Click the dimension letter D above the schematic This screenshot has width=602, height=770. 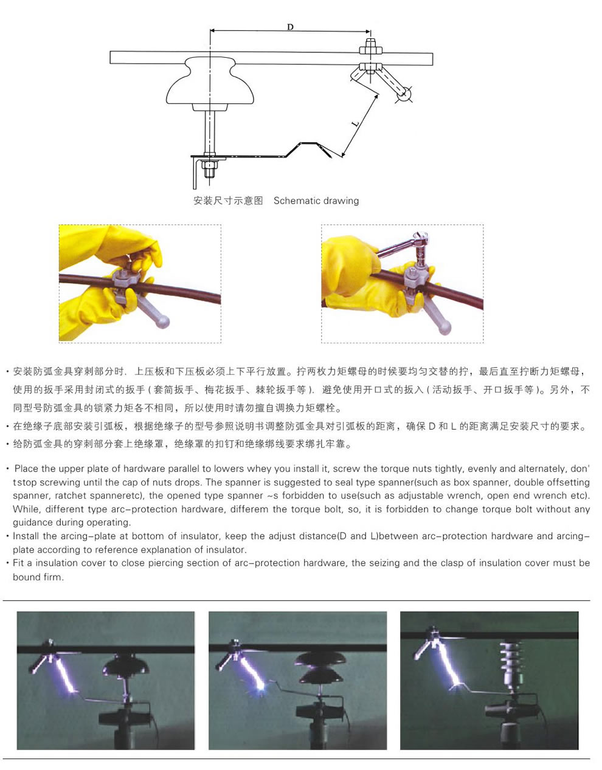(290, 27)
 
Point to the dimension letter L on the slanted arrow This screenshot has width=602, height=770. (356, 123)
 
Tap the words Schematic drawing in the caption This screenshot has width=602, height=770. (316, 201)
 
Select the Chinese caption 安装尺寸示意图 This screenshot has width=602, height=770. (228, 201)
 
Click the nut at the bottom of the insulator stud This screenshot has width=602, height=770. (209, 165)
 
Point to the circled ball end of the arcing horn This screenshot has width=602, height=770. (404, 94)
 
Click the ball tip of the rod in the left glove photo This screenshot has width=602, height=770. (163, 322)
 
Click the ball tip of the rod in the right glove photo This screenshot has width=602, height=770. (445, 327)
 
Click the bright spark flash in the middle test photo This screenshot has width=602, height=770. (261, 687)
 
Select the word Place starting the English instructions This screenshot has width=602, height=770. (27, 469)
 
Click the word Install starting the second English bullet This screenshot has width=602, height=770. (26, 536)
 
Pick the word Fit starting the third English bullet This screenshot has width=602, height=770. (18, 563)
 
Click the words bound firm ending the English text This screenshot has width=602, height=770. (38, 577)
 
